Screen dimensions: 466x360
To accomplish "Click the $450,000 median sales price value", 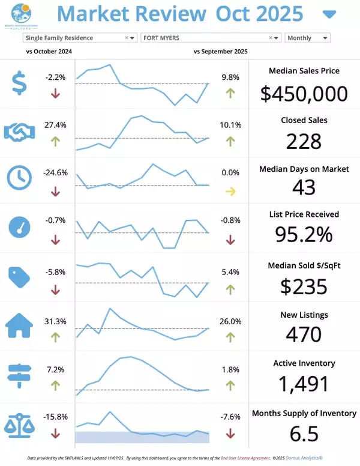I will click(x=304, y=93).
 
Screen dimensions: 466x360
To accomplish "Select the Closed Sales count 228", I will click(x=304, y=141).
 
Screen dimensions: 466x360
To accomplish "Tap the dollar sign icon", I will click(x=20, y=83).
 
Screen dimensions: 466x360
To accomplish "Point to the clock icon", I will click(x=20, y=178).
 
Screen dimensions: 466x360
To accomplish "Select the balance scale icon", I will click(x=20, y=423).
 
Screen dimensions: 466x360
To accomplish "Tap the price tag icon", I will click(x=20, y=276).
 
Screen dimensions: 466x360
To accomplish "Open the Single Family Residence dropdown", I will click(x=80, y=38).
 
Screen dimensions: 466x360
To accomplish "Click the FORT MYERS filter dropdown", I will click(x=211, y=38).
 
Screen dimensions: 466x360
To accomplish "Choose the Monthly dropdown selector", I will click(x=307, y=38).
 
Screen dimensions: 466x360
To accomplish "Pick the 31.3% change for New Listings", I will click(x=55, y=321).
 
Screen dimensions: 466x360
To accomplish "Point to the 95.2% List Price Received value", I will click(x=304, y=234).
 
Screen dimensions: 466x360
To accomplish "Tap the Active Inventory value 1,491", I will click(x=304, y=383).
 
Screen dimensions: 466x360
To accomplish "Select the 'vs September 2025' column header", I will click(x=220, y=52).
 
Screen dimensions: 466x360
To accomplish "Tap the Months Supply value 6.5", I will click(x=304, y=432).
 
